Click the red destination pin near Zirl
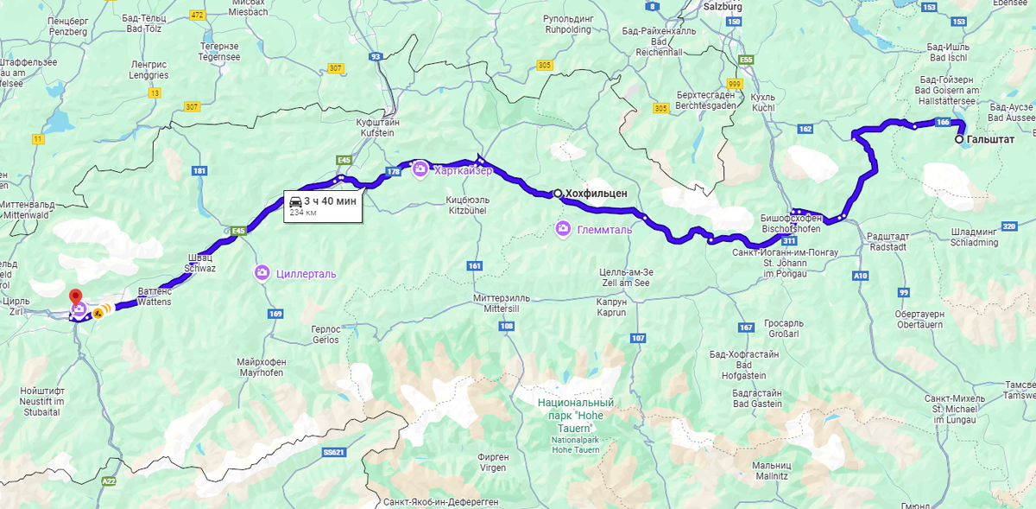[x=74, y=297]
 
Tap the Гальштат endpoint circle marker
[x=959, y=139]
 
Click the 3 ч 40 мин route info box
[x=322, y=205]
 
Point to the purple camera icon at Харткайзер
[x=420, y=169]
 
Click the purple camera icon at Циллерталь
[x=262, y=273]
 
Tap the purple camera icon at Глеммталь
[x=563, y=229]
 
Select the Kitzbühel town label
[x=467, y=205]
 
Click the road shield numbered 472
[x=198, y=15]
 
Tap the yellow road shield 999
[x=735, y=83]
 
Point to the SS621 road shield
[x=333, y=452]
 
